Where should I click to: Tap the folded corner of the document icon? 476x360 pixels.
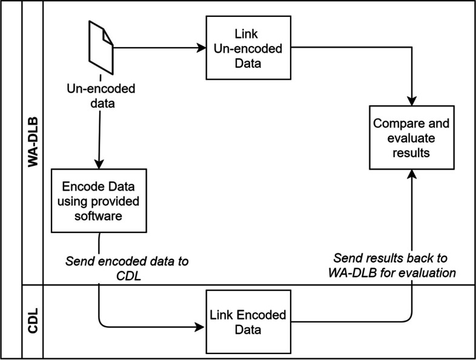107,36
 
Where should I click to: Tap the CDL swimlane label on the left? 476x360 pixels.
33,321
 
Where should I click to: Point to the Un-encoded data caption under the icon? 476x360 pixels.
100,96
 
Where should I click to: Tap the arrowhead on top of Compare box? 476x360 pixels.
411,100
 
